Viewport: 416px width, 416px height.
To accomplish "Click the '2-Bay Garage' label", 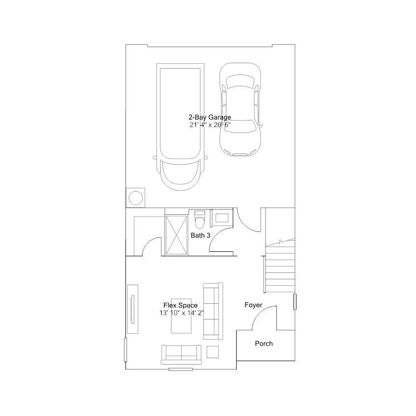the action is [210, 117].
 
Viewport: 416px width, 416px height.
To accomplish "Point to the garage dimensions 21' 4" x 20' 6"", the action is [210, 125].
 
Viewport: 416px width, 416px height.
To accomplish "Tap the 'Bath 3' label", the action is [200, 235].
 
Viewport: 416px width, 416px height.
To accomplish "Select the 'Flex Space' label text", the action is [180, 305].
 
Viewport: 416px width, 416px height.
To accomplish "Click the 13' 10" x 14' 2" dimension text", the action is [182, 313].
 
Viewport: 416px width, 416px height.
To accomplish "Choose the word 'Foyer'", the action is [253, 305].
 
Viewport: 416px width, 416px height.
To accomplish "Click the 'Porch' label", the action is [264, 343].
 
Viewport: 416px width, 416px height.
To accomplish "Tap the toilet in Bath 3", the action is [199, 220].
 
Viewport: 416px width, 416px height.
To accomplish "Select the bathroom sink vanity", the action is [221, 218].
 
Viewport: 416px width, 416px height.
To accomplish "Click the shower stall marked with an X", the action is [176, 235].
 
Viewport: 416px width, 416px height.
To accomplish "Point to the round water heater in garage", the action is [136, 197].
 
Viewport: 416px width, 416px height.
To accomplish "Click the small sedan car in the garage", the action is [240, 109].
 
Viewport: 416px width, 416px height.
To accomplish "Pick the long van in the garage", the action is [180, 127].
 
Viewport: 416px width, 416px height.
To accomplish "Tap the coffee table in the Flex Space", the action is [181, 316].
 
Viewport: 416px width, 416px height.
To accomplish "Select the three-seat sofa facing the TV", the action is [213, 311].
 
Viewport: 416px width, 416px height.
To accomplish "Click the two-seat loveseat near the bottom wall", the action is [181, 355].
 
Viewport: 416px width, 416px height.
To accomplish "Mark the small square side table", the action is [213, 352].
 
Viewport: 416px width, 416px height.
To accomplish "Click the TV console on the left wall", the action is [133, 309].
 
